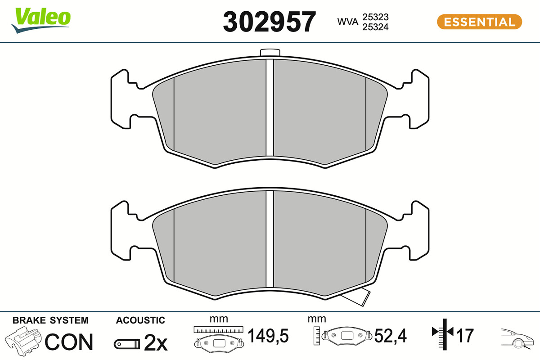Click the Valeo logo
41,20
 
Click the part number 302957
269,22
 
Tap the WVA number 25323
375,17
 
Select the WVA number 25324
375,27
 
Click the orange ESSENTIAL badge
479,22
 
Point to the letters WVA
347,22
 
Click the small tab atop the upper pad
270,53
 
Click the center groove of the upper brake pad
270,108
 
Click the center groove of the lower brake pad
270,239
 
